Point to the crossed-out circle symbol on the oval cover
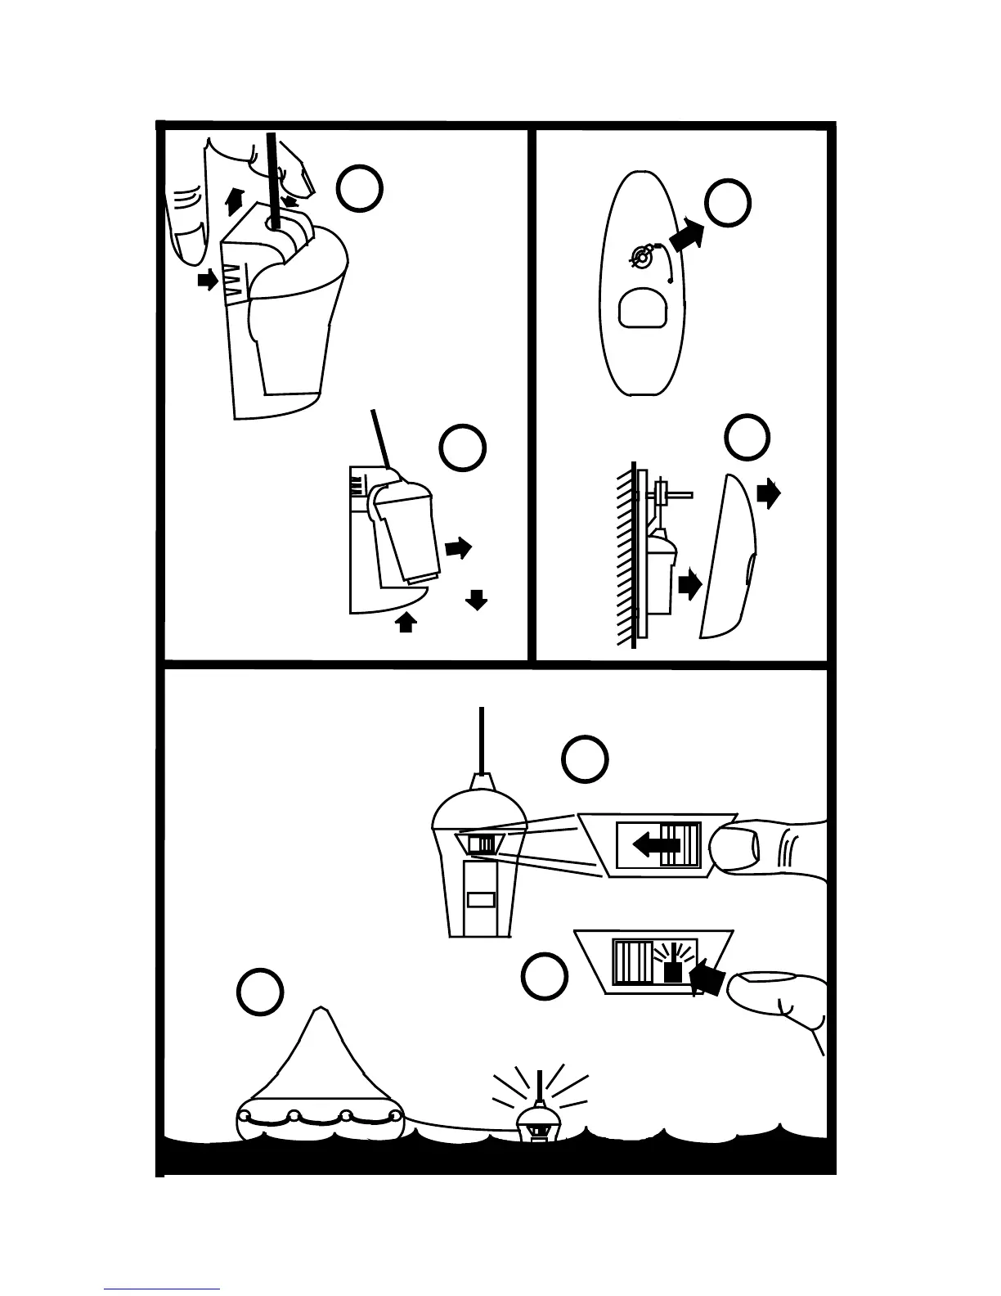coord(642,257)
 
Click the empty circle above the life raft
coord(260,992)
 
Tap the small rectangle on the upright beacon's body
coord(480,900)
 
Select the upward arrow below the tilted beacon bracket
coord(406,623)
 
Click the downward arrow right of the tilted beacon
coord(476,601)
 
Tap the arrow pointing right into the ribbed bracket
coord(209,281)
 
